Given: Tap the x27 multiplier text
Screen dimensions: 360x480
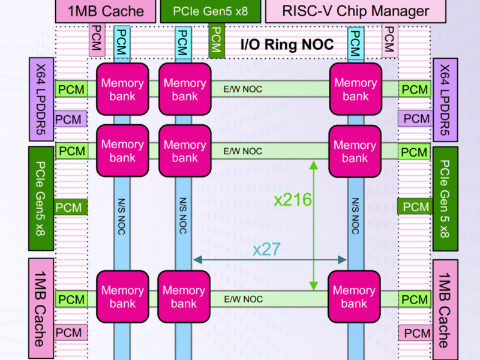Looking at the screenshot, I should coord(266,248).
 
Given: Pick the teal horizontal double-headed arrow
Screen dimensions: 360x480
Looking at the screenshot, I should coord(270,260).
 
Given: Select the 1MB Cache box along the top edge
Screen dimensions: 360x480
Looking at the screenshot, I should coord(106,11).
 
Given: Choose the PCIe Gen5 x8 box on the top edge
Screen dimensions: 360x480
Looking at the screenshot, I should coord(209,11).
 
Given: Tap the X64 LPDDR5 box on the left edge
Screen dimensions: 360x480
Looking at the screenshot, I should coord(41,100).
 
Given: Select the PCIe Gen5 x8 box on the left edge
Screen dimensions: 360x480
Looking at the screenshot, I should coord(41,199).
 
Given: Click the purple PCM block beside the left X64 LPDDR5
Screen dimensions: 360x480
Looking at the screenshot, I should coord(69,119).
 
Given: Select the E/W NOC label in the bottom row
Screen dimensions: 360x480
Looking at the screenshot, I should coord(243,299).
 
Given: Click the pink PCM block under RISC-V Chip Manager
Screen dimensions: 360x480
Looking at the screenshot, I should coord(389,39).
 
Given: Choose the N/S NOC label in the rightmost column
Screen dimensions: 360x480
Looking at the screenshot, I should coord(355,215).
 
